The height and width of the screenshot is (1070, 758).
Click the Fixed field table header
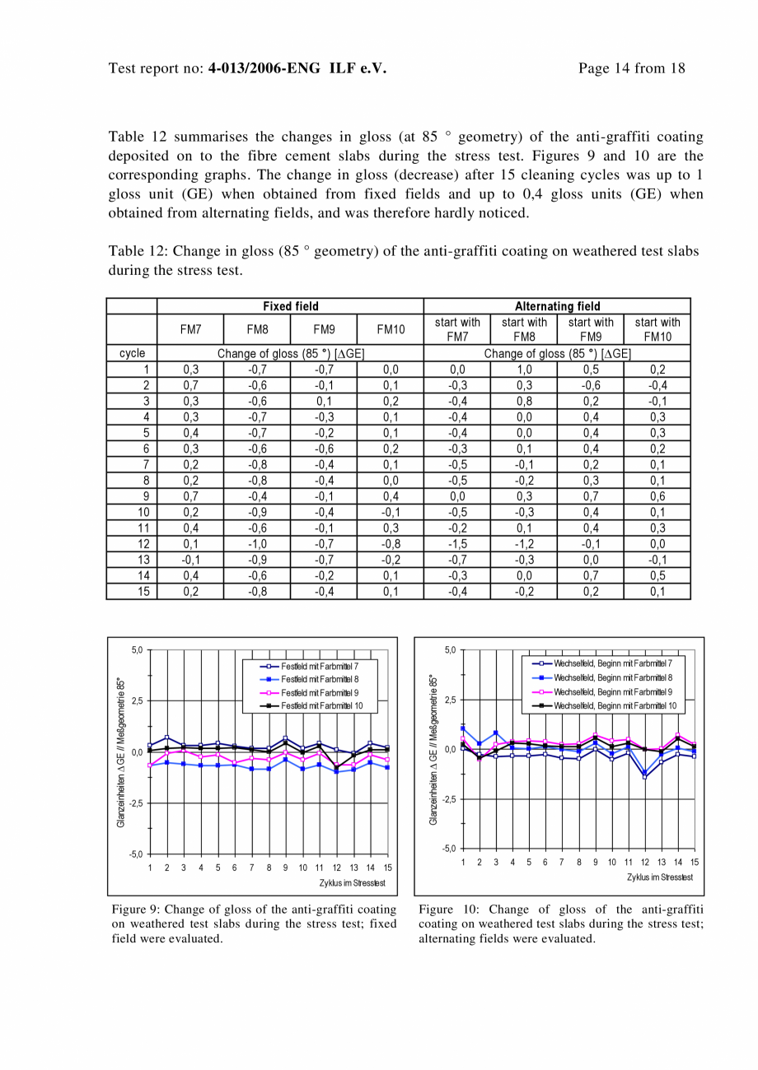pos(290,306)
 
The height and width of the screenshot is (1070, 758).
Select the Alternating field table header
pos(557,306)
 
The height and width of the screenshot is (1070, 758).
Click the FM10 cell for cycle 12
pos(391,543)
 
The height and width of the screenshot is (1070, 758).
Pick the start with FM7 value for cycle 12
pos(457,543)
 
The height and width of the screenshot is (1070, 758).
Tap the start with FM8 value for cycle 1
pos(524,370)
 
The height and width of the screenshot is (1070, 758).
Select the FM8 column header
pos(257,329)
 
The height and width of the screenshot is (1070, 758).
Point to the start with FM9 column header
pos(591,329)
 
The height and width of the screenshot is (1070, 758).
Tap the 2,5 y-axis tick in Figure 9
pos(137,700)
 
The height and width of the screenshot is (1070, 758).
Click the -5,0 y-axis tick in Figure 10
pos(450,848)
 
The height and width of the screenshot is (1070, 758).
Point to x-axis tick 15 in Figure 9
pos(387,868)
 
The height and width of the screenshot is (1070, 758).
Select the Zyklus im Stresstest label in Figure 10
pos(659,877)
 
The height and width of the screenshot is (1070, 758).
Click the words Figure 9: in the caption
pos(137,909)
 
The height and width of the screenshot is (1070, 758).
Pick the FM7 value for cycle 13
pos(190,560)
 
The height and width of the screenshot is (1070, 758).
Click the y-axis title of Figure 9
pos(121,752)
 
